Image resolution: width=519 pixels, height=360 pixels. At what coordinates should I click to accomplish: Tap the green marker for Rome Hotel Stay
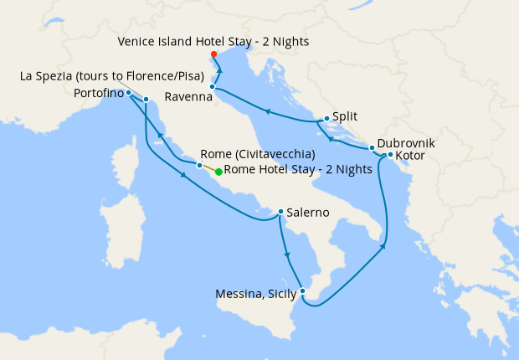tap(218, 172)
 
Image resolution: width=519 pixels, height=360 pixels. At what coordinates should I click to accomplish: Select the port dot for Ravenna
tap(213, 86)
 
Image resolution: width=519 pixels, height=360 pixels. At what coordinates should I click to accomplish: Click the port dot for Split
tap(326, 119)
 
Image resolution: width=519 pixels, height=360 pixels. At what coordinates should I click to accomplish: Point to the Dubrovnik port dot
tap(372, 148)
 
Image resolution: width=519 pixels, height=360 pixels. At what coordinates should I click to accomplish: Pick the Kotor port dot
tap(390, 155)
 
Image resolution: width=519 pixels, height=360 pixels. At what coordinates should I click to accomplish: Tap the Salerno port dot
tap(280, 212)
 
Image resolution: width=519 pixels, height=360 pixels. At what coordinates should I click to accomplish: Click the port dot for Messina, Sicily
tap(303, 291)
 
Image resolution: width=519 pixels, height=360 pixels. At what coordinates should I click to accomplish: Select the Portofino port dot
tap(128, 93)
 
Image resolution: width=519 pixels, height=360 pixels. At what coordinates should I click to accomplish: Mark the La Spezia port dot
tap(146, 100)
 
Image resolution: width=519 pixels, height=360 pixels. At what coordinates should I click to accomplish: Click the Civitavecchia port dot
tap(199, 165)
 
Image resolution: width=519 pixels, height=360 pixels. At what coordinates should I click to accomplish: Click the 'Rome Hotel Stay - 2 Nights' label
tap(298, 170)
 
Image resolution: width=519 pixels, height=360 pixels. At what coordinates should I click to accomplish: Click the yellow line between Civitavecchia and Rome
tap(208, 168)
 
